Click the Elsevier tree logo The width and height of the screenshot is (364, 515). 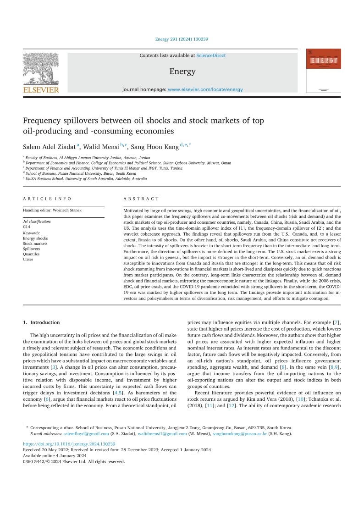41,69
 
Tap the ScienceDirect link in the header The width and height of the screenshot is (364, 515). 211,55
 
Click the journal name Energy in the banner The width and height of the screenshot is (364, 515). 182,72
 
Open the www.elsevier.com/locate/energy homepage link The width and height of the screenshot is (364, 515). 205,89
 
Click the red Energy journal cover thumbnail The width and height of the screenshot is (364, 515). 323,71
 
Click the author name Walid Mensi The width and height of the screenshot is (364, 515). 101,146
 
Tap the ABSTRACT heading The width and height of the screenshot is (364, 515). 141,199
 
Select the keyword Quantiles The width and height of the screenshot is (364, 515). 31,254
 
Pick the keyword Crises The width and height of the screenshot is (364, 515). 28,259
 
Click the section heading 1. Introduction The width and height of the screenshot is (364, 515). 41,322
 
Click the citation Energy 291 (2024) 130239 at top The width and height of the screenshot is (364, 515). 182,39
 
